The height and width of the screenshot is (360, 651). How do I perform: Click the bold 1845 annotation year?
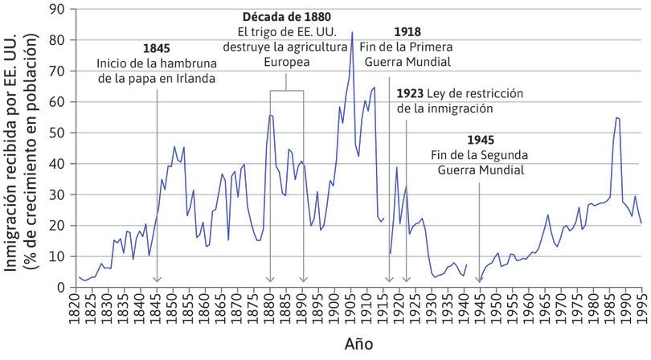point(156,48)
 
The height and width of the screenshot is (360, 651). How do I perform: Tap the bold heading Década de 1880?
point(287,16)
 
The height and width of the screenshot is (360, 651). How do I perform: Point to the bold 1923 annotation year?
point(410,93)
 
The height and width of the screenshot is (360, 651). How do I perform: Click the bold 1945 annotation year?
point(481,139)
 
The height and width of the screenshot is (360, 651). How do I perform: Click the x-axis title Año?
point(358,343)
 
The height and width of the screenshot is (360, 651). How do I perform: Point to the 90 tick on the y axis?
point(58,10)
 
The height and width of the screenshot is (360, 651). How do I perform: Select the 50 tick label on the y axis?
point(58,133)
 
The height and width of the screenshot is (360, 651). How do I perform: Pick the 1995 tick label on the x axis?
point(641,308)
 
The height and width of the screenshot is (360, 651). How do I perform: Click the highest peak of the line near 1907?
point(352,32)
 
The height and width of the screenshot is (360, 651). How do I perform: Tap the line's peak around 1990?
point(616,118)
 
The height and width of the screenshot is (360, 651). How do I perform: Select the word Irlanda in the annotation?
point(195,78)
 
